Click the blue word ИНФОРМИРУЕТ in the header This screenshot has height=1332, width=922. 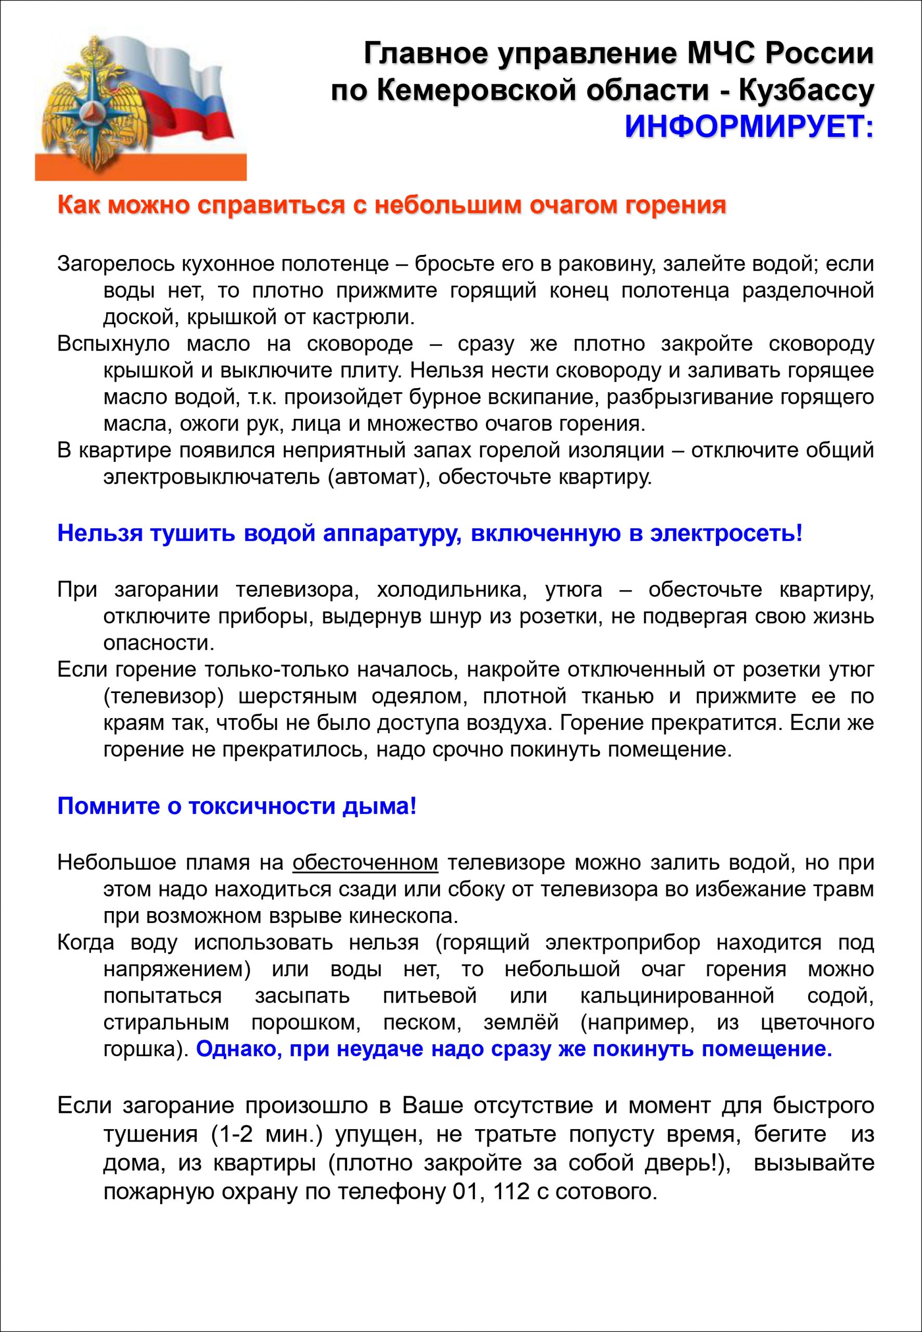click(x=749, y=126)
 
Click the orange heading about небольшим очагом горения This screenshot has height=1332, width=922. click(x=391, y=205)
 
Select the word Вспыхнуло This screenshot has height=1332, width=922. click(x=113, y=344)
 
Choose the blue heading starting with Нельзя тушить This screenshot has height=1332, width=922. click(x=430, y=533)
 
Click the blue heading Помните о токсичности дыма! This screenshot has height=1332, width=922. click(x=237, y=806)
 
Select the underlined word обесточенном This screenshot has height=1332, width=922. click(x=365, y=862)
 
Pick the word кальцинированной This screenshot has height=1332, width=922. click(x=676, y=996)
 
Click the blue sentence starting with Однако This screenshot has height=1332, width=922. click(x=514, y=1049)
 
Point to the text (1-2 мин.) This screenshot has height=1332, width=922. click(x=266, y=1134)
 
